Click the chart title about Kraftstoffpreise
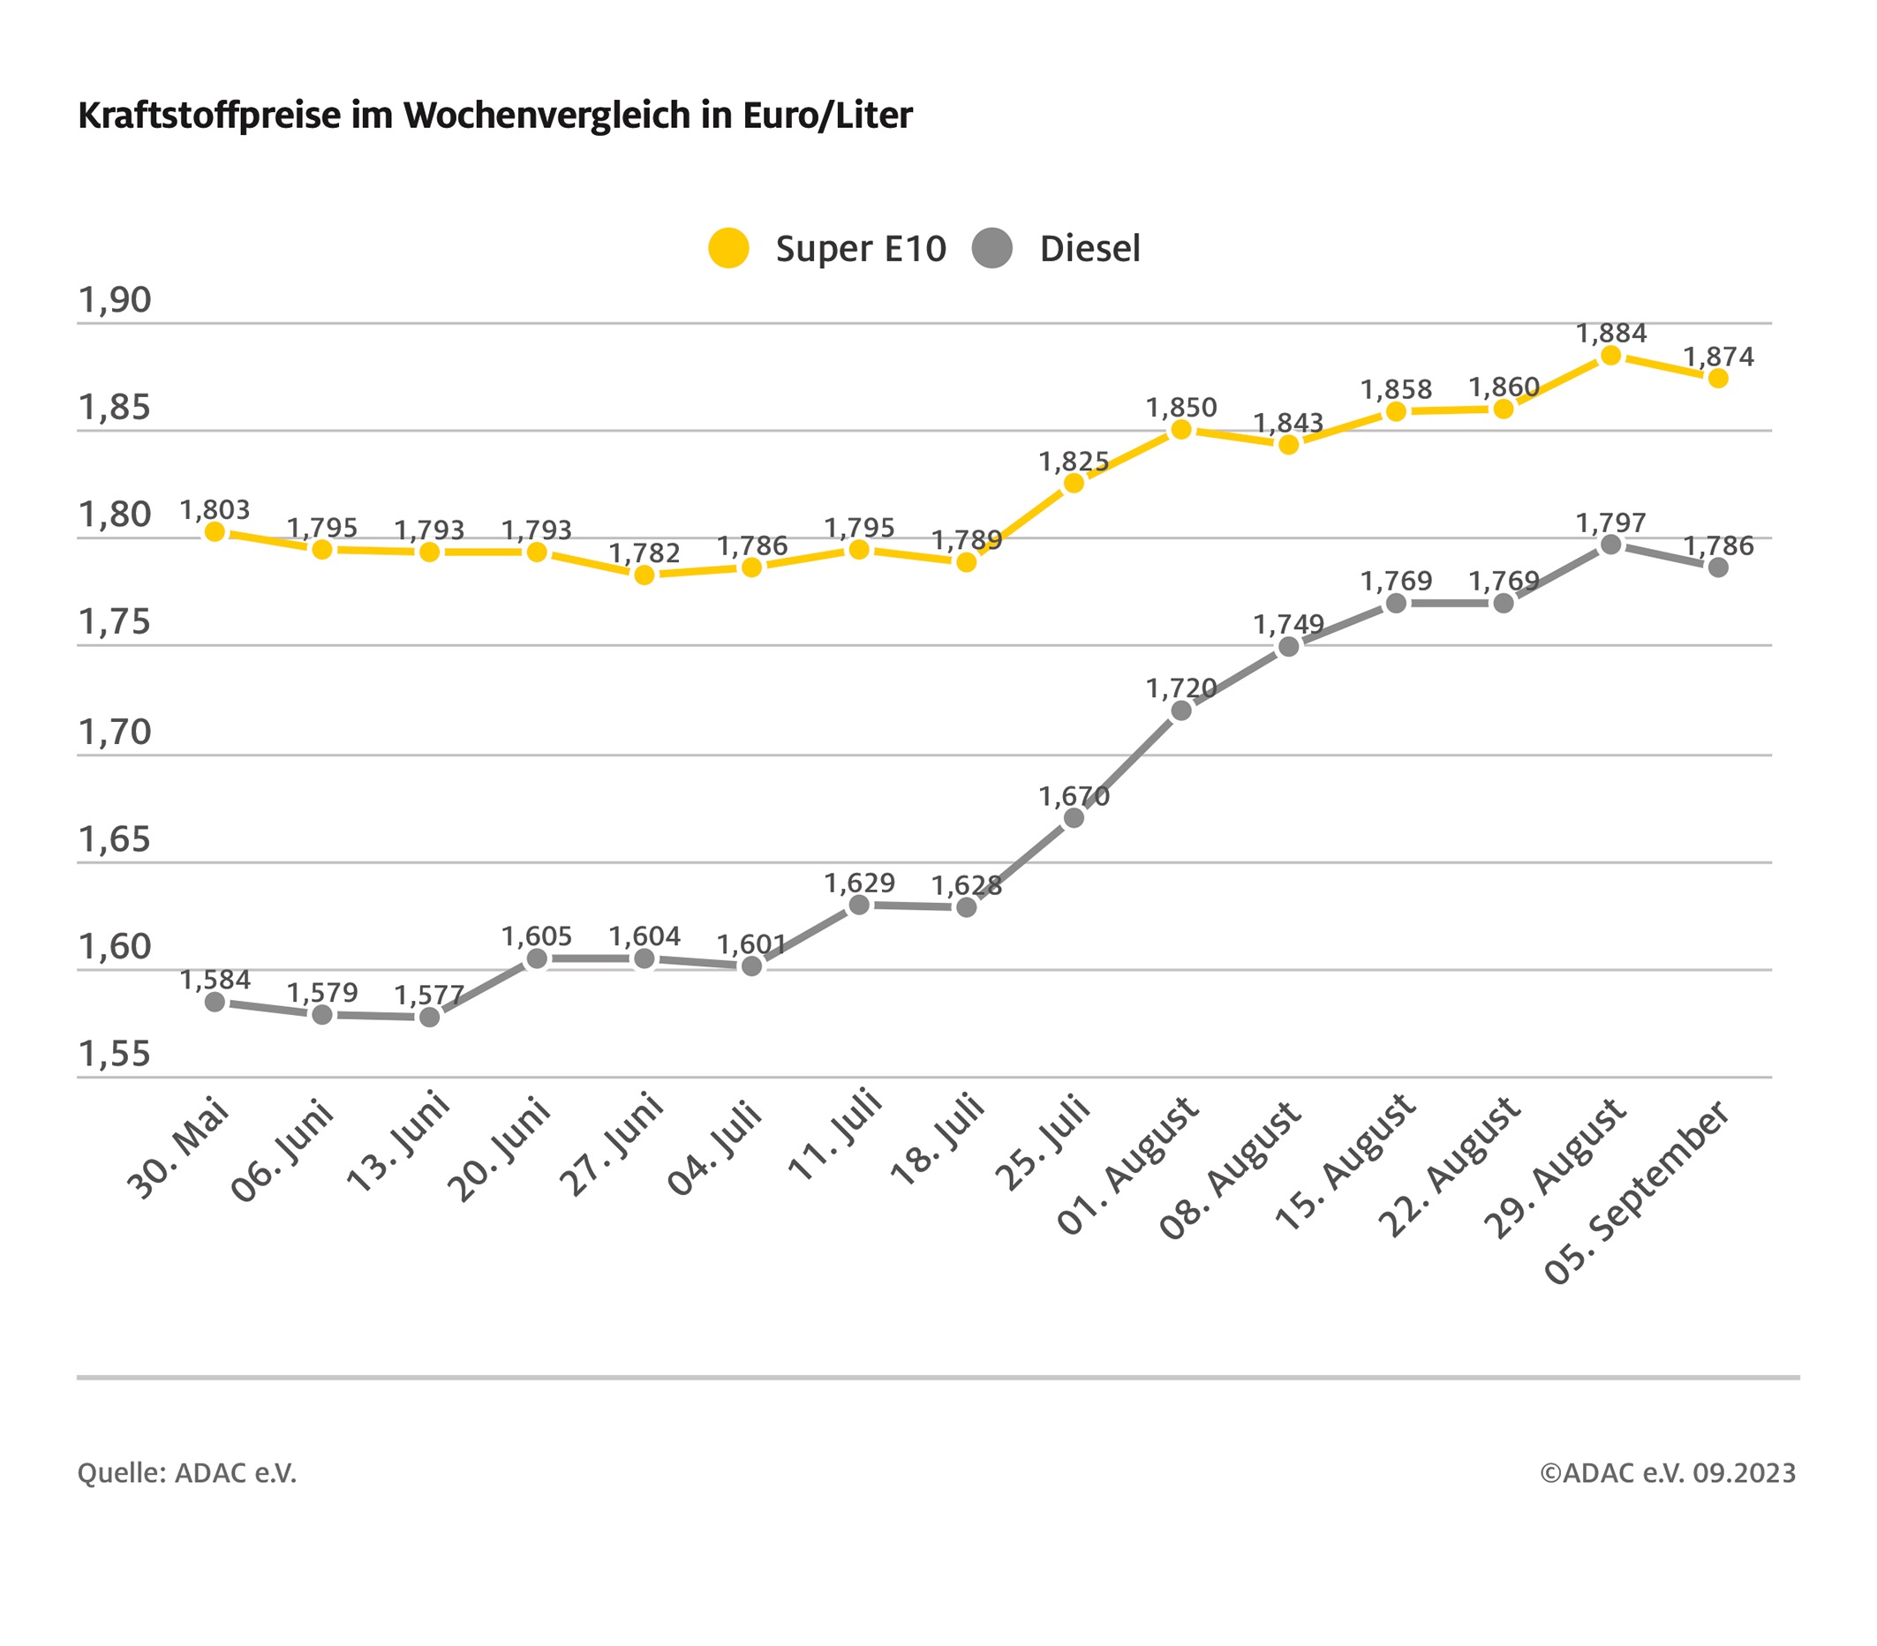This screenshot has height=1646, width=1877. coord(495,116)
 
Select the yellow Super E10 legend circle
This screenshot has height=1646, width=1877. coord(728,248)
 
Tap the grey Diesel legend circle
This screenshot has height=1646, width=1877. coord(991,248)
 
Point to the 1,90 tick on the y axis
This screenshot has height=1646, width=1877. coord(115,300)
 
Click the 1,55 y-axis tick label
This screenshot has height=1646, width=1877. coord(115,1054)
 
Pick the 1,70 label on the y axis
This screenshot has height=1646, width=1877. coord(115,732)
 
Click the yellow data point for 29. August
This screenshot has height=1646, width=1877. coord(1610,356)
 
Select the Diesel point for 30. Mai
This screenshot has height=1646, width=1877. coord(215,1002)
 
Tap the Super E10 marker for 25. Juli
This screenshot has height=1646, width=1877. coord(1074,483)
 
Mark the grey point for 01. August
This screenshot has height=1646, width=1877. coord(1181,710)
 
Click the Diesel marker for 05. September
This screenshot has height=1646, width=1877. coord(1718,567)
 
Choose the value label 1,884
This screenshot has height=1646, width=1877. coord(1611,334)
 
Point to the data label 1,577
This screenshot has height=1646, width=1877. coord(429,996)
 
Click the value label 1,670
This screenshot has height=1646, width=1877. coord(1074,796)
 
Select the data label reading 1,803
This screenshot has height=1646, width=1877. coord(215,509)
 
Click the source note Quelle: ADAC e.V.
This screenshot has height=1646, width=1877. coord(187,1473)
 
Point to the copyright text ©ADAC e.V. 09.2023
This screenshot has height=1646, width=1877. coord(1668,1473)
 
